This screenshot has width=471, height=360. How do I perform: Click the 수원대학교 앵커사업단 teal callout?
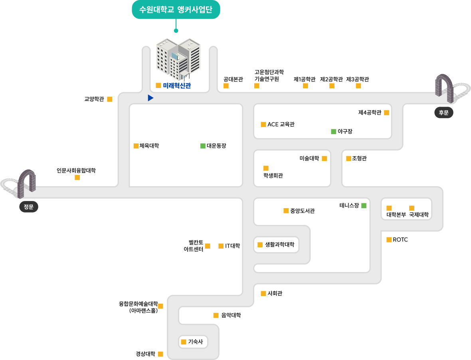176,10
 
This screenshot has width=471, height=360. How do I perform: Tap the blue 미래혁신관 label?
177,86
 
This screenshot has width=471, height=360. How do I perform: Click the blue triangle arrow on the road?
150,98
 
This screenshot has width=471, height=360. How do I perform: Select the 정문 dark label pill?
28,207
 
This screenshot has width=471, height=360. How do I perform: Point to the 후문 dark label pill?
444,113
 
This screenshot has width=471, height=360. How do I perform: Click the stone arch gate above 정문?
27,183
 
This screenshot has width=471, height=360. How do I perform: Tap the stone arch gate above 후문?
444,88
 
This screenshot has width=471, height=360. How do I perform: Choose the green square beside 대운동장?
203,146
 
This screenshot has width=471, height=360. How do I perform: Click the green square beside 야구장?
333,131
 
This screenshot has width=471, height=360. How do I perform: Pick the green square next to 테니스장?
364,206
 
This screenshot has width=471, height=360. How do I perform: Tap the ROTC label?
400,240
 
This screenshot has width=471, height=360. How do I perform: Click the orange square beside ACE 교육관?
263,124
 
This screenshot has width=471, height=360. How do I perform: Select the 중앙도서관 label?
302,211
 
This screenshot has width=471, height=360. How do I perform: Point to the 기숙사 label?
196,342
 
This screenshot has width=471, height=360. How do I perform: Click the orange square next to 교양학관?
110,99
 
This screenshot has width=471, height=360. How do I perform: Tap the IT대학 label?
232,246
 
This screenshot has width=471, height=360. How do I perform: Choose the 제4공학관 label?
370,113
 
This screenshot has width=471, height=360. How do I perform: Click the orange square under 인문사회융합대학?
77,178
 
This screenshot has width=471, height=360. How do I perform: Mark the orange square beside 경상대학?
161,354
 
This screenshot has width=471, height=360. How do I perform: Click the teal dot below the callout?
176,31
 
